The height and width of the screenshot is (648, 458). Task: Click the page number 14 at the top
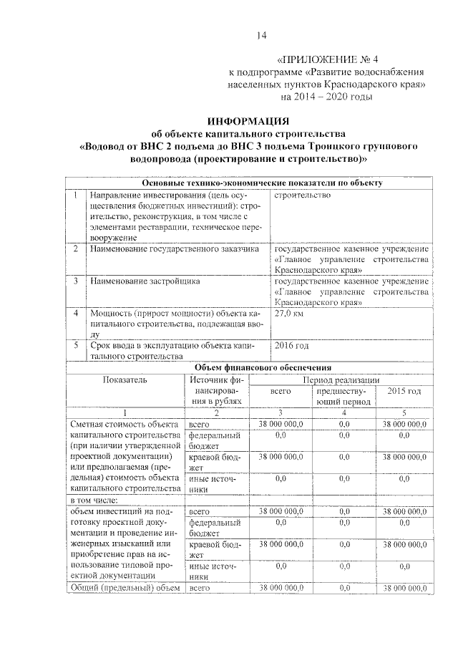[261, 37]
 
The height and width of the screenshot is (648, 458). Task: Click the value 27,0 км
[289, 314]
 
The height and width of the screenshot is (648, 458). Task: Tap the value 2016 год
[292, 345]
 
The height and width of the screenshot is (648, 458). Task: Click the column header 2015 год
[404, 391]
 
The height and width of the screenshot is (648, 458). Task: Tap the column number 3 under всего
[281, 413]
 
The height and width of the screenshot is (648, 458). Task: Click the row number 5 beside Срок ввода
[76, 345]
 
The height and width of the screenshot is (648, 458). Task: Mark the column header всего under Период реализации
[281, 392]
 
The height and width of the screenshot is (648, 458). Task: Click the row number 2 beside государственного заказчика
[76, 249]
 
